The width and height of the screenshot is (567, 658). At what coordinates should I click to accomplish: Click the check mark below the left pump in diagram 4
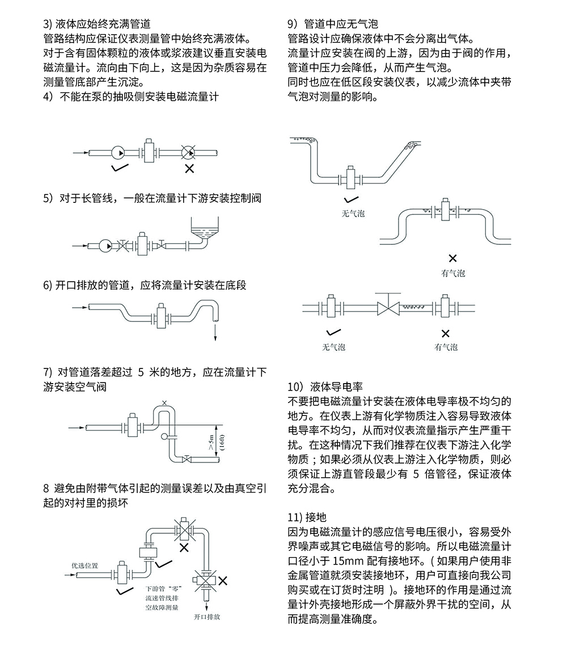(120, 168)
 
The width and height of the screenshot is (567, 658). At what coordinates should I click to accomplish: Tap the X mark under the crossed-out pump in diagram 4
(189, 168)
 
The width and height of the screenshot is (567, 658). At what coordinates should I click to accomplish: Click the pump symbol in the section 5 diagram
(105, 246)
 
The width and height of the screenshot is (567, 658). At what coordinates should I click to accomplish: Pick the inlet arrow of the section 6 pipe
(79, 308)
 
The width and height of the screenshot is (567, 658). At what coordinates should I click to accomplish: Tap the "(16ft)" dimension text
(222, 441)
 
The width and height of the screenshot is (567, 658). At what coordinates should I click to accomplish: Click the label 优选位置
(84, 565)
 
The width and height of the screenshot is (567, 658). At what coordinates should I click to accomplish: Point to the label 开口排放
(207, 617)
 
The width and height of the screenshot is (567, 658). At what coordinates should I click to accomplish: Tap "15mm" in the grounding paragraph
(347, 561)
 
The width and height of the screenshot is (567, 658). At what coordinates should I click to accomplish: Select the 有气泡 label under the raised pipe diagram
(452, 273)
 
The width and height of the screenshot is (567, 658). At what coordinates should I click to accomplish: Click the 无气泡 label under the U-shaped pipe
(353, 214)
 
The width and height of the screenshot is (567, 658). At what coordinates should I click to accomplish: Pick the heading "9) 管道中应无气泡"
(333, 24)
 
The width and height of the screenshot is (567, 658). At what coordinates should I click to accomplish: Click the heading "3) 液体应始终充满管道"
(97, 24)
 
